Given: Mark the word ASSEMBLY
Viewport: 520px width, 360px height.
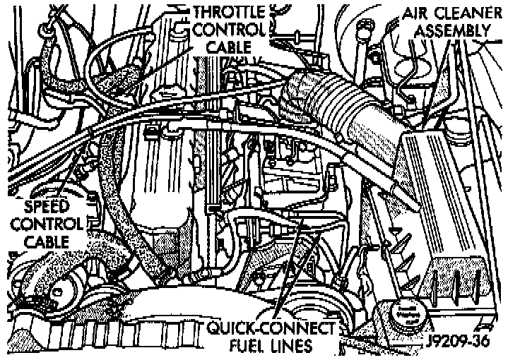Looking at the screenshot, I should tap(451, 30).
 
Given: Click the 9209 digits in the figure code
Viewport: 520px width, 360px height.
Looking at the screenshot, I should tap(451, 340).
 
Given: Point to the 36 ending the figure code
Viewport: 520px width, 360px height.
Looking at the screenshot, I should tap(484, 340).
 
